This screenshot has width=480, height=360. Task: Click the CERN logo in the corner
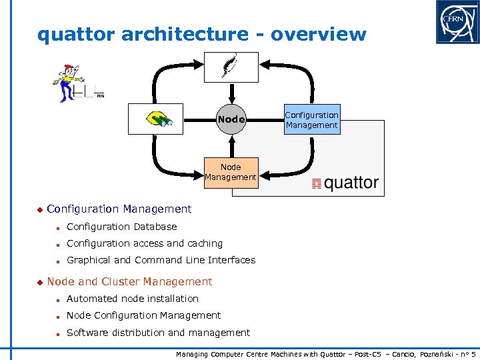[457, 22]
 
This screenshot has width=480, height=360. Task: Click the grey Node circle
[231, 120]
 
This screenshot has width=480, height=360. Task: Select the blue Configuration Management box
[311, 120]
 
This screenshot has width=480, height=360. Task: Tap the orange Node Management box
[231, 172]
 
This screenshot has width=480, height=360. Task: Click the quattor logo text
[345, 183]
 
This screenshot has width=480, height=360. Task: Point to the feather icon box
[231, 67]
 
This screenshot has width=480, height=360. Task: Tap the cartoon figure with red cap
[67, 82]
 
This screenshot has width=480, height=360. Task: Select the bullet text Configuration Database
[121, 227]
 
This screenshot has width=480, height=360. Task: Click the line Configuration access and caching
[145, 243]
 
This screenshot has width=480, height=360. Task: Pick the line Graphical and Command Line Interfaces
[161, 260]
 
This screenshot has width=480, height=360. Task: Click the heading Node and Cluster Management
[129, 282]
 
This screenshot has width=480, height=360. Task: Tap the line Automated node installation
[133, 299]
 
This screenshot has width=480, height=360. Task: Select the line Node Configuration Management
[143, 315]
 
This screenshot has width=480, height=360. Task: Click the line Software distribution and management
[158, 333]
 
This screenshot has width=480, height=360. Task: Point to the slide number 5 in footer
[473, 355]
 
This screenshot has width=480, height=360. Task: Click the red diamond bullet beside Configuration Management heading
[39, 210]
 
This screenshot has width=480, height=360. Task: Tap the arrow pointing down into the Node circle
[231, 93]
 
